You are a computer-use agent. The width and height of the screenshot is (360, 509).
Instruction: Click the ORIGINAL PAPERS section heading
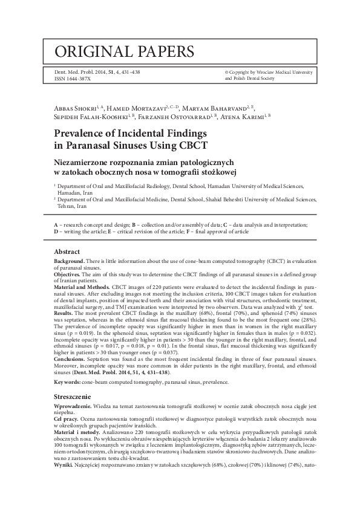click(125, 51)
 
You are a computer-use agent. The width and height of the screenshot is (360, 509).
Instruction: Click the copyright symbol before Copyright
click(227, 71)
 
